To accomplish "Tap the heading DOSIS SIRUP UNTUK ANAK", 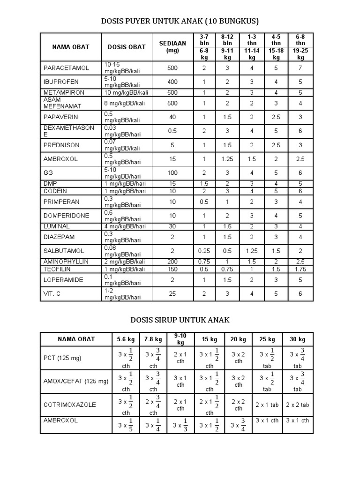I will (180, 320).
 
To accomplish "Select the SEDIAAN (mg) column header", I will (172, 47).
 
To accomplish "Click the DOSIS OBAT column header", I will (124, 47).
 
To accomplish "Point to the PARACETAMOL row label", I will (66, 68).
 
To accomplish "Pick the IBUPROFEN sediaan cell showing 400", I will (172, 82).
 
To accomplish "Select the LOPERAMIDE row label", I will (63, 279).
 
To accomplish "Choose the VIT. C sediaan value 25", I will (172, 293).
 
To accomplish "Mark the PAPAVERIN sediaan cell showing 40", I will (172, 117).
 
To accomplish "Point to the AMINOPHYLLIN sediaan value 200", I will (172, 261).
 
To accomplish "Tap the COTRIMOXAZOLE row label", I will (70, 404).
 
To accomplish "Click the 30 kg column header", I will (297, 339).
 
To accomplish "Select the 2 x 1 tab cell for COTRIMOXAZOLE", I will (267, 404).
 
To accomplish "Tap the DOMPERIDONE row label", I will (66, 216).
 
